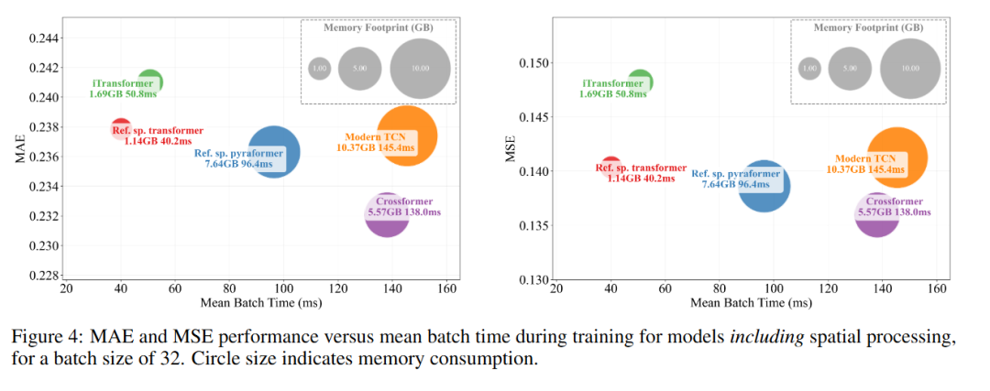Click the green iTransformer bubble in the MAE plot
[150, 81]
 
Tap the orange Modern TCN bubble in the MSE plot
[897, 157]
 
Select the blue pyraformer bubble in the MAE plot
[272, 151]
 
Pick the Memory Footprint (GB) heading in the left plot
[379, 27]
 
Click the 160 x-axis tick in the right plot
[937, 288]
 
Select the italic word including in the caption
[755, 337]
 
